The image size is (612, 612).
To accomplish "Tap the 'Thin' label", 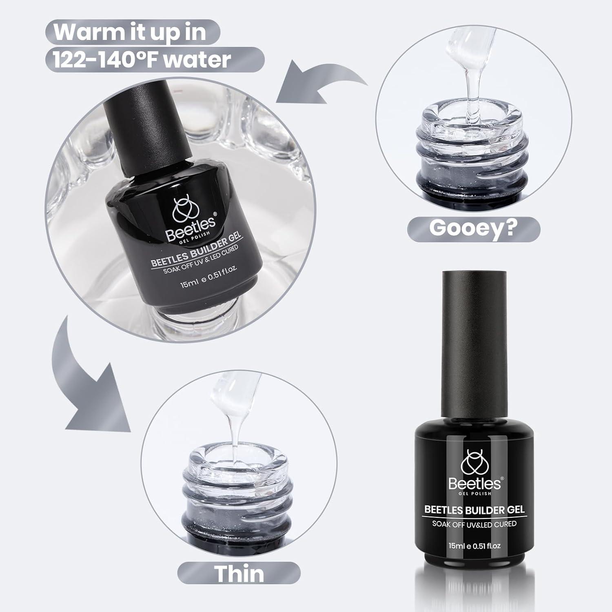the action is tap(239, 573).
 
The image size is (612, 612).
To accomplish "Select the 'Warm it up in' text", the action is tap(130, 32).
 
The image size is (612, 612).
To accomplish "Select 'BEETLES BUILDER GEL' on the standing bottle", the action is tap(474, 509).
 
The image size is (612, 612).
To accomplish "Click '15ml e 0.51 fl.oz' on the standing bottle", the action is tap(475, 545).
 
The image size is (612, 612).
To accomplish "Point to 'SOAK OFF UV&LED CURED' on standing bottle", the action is tap(474, 523).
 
